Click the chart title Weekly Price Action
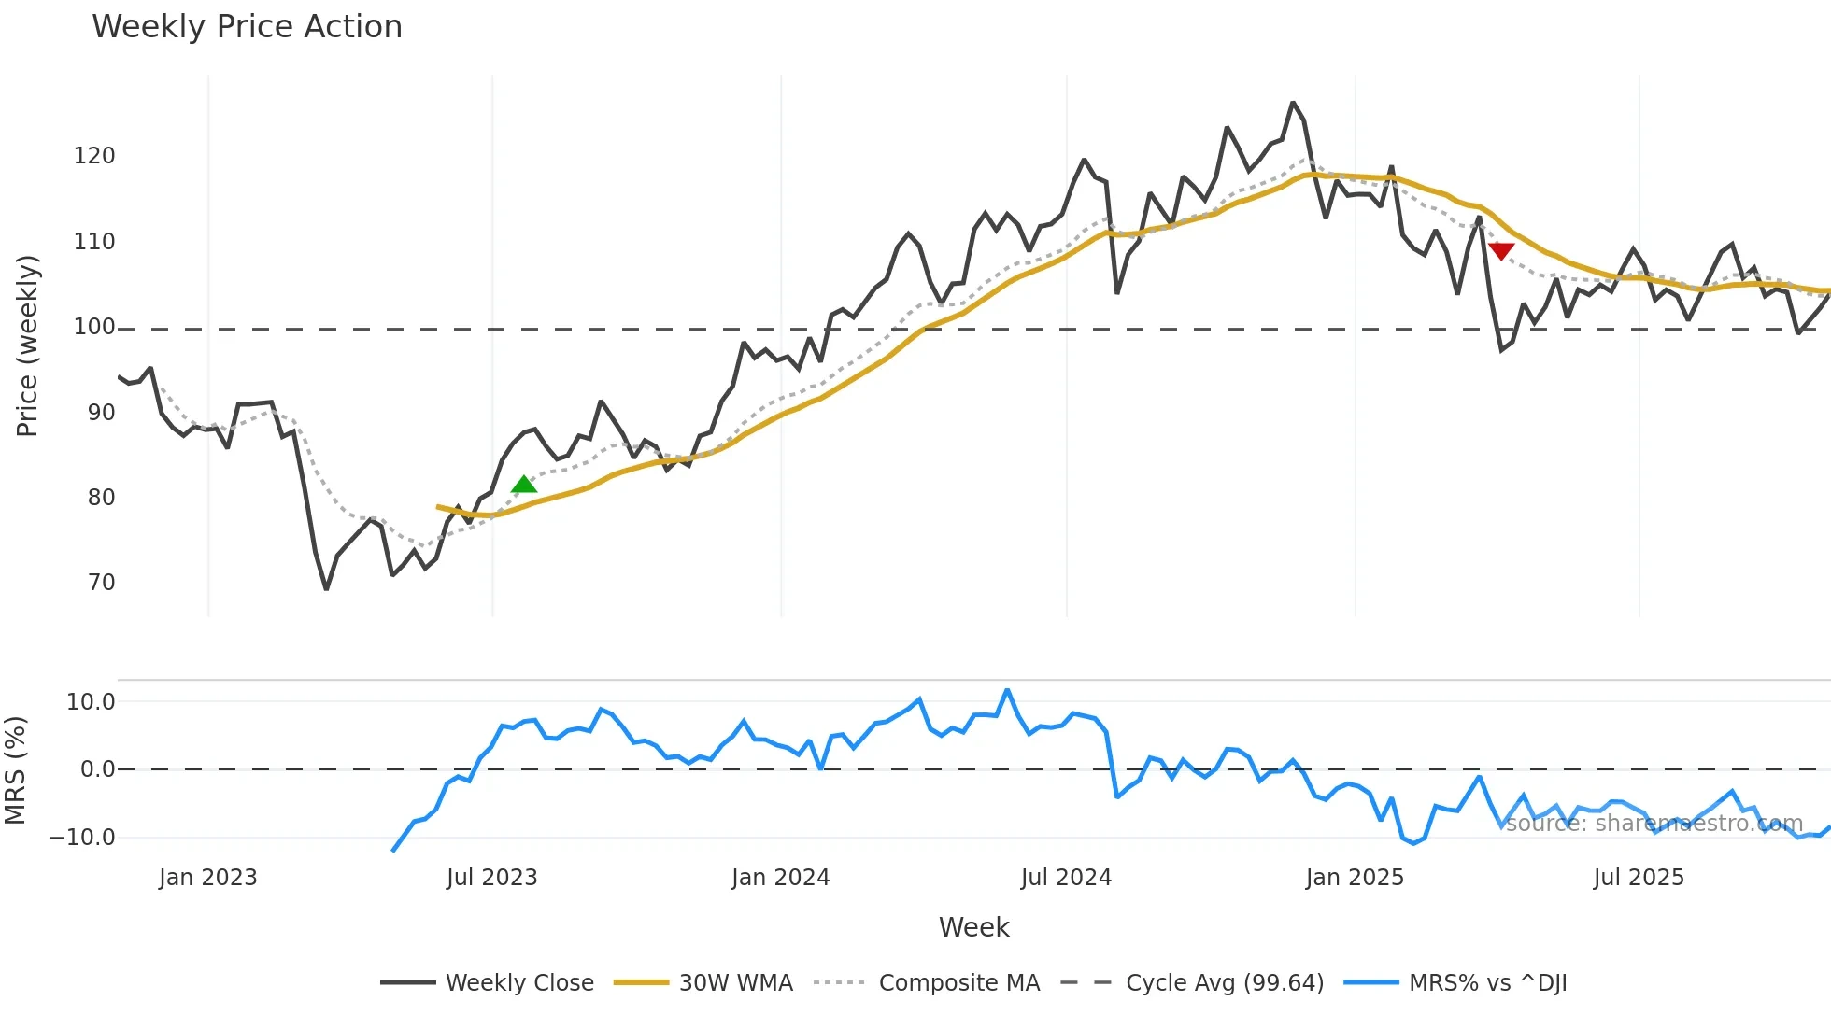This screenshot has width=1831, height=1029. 247,27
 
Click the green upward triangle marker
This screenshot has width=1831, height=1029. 524,484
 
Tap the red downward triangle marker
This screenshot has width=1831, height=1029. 1501,250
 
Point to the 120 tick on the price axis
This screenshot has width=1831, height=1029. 94,156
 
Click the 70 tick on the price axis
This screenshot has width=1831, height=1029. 101,583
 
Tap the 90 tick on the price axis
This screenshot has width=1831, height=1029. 101,413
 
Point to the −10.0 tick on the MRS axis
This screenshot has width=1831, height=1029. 82,838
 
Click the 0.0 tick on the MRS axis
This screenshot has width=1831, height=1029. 97,769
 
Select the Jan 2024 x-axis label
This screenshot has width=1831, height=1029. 780,878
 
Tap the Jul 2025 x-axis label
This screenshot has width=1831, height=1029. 1639,878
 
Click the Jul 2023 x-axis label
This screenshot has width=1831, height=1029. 491,878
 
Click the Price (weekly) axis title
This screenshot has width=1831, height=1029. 27,345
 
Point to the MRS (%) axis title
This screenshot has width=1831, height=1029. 15,770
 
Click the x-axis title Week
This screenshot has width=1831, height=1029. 973,927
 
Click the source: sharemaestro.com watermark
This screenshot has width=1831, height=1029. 1654,824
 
